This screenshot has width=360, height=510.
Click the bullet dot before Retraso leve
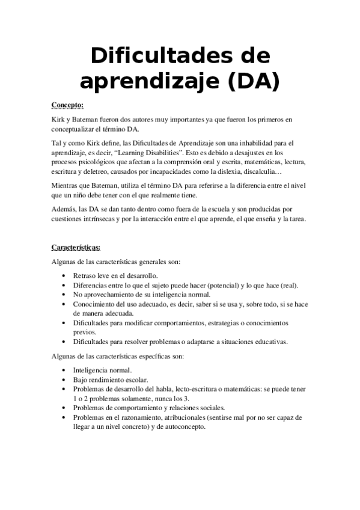point(65,275)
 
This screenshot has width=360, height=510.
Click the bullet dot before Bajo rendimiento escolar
point(65,380)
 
